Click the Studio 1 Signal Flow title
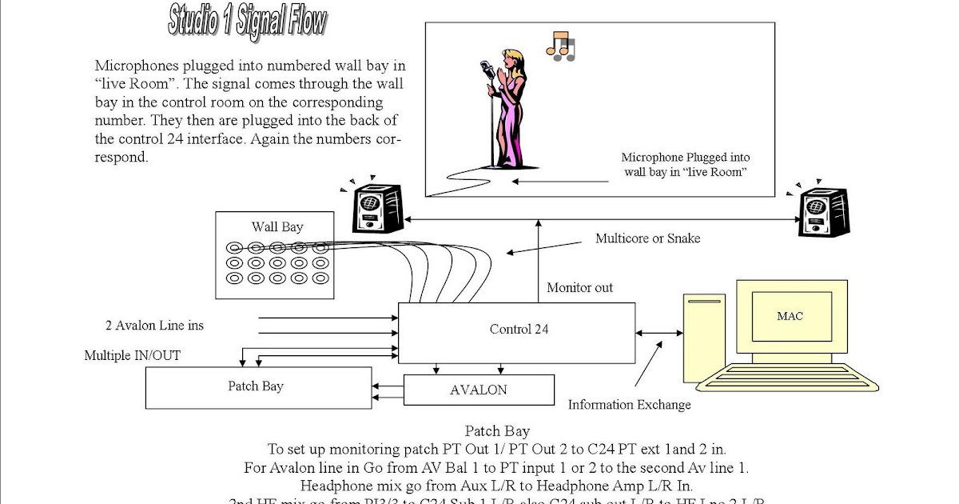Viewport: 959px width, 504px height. [247, 21]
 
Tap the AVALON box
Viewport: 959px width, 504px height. [479, 390]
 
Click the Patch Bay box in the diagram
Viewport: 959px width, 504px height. [257, 387]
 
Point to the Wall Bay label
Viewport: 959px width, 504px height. [277, 227]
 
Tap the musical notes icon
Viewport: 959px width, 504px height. [560, 47]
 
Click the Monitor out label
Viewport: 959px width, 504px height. [579, 288]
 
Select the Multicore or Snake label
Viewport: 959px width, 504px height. [647, 238]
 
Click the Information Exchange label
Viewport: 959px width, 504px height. [629, 405]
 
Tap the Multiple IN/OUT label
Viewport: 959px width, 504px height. [132, 355]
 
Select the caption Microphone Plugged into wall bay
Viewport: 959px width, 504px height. [685, 165]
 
